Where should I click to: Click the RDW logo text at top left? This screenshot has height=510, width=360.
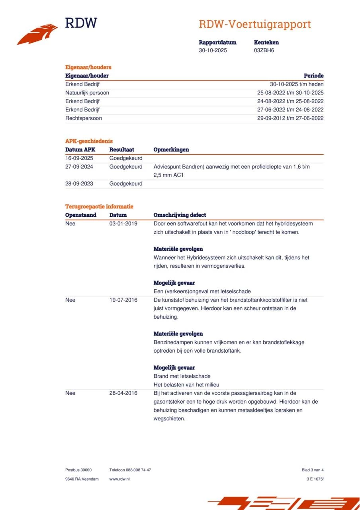pos(81,23)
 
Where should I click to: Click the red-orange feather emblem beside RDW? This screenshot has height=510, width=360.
pos(37,34)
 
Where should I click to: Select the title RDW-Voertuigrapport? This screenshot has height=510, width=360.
pos(255,24)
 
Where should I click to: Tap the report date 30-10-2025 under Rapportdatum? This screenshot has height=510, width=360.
pos(213,51)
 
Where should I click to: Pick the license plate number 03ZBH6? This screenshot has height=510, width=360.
pos(264,51)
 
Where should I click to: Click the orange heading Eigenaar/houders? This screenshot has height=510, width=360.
pos(88,67)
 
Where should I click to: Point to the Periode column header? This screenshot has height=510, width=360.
pos(313,76)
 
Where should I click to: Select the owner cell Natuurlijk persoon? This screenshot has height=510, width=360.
pos(87,93)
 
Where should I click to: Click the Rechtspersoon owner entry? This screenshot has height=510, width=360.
pos(84,118)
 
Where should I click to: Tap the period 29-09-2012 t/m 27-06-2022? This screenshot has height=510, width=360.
pos(290,118)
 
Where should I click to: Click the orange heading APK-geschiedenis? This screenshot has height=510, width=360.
pos(89,141)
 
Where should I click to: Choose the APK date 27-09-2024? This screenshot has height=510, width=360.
pos(79,167)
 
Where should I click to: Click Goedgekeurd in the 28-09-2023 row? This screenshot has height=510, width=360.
pos(126,184)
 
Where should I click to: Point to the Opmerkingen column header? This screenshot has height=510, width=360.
pos(171,150)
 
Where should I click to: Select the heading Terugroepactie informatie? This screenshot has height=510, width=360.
pos(99,206)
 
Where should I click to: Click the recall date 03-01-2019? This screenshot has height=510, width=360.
pos(123,224)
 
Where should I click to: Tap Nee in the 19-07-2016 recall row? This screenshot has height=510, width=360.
pos(70,300)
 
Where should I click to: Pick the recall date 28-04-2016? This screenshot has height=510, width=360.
pos(123,393)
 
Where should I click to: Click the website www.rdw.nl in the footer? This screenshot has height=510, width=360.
pos(119,479)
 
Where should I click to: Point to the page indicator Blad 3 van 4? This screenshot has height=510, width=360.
pos(313,470)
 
